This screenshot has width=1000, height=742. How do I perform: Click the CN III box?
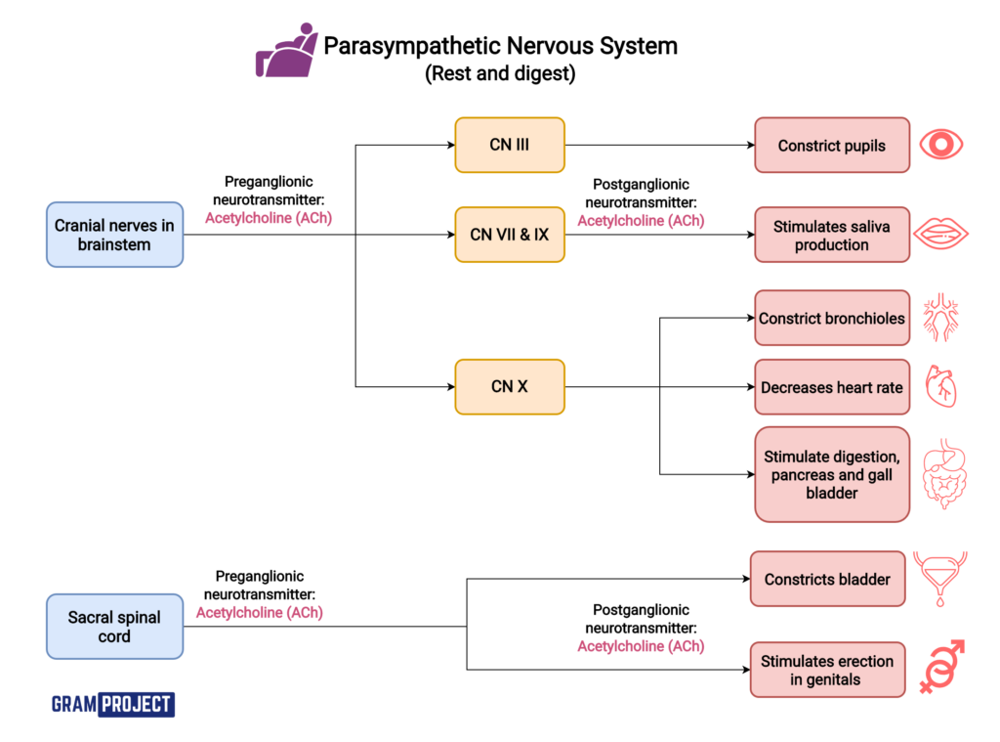509,145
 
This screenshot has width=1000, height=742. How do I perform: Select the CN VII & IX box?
509,235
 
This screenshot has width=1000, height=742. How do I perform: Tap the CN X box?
509,387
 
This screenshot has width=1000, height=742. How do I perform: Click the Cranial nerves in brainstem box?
114,235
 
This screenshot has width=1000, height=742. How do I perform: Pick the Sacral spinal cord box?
114,627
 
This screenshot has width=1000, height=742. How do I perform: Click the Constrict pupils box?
831,146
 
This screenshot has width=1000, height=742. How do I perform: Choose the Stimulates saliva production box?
831,235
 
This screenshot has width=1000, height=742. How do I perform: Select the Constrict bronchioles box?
831,318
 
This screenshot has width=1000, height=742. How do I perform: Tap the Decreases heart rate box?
831,387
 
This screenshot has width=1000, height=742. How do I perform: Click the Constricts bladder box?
827,579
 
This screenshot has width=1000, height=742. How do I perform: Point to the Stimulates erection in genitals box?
827,670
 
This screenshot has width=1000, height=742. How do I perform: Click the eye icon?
941,146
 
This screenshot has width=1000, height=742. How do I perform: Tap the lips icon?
941,235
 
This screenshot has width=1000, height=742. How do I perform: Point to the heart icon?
941,387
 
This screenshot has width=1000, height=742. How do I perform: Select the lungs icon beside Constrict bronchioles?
941,318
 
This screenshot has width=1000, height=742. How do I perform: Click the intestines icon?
941,474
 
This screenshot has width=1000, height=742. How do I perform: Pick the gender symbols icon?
941,668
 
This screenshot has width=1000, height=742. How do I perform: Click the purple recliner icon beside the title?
285,53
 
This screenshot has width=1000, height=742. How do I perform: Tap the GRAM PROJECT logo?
112,704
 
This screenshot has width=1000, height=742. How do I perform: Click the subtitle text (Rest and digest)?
500,74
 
